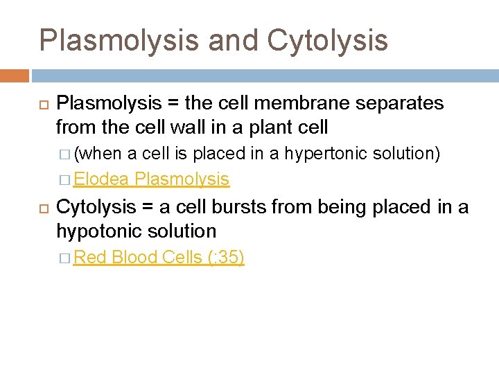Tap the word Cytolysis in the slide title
point(327,40)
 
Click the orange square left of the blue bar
point(15,75)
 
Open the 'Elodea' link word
point(102,179)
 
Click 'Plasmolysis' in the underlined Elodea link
point(182,179)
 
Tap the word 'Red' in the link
point(90,258)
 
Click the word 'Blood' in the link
point(134,258)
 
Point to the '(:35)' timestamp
point(225,258)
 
